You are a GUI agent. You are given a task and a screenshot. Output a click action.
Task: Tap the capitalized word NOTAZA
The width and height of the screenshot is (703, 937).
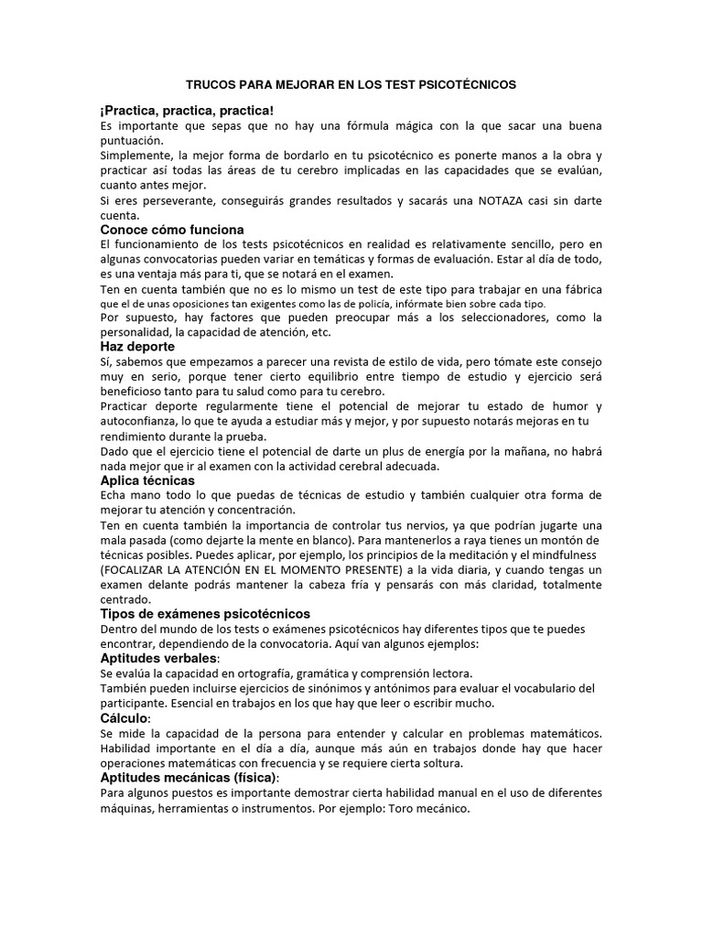(502, 200)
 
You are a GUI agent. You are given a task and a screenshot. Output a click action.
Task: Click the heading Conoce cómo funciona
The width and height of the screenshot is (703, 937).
(172, 230)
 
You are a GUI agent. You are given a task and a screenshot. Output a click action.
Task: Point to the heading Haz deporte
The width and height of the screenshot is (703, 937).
(137, 347)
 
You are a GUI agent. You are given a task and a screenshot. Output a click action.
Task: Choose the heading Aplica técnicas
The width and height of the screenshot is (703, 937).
(146, 479)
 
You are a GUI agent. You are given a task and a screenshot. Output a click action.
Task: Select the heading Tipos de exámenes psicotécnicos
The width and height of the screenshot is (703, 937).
(205, 613)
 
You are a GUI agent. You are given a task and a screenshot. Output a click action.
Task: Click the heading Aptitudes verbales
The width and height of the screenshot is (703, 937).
(158, 658)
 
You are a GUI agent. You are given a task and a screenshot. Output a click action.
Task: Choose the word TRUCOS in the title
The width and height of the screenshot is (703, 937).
(211, 84)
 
